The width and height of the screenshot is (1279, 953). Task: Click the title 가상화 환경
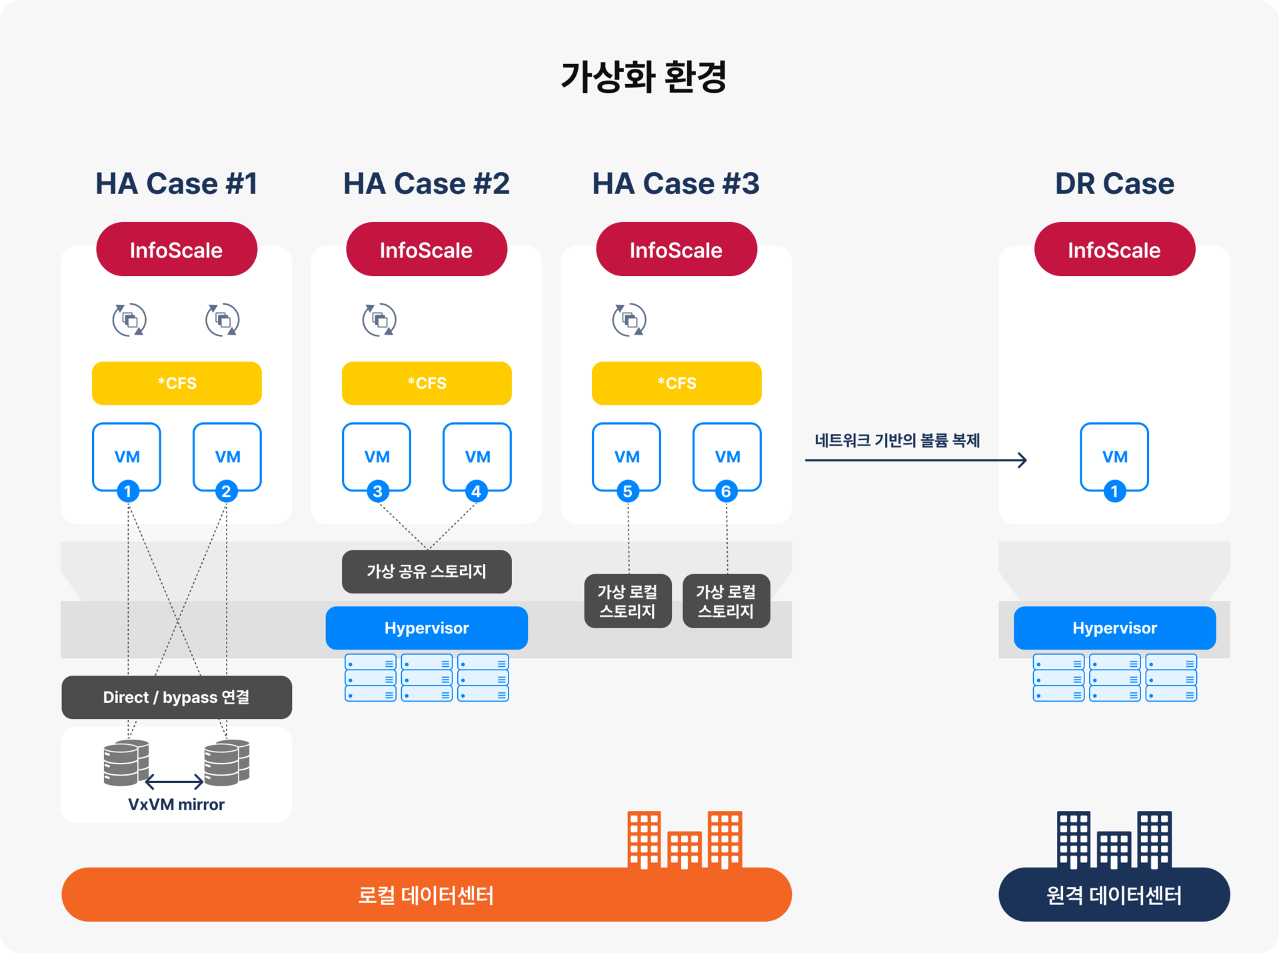pyautogui.click(x=643, y=77)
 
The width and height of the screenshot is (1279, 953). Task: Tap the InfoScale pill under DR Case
pyautogui.click(x=1114, y=249)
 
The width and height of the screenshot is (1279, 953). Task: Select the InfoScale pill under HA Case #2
pyautogui.click(x=427, y=249)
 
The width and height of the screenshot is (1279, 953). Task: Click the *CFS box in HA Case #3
pyautogui.click(x=676, y=383)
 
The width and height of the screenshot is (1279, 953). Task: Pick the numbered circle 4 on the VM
pyautogui.click(x=476, y=492)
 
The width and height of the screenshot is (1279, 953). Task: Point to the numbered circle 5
pyautogui.click(x=627, y=492)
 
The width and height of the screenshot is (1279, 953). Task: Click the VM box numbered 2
pyautogui.click(x=227, y=457)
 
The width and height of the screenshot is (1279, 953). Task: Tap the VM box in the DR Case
pyautogui.click(x=1114, y=457)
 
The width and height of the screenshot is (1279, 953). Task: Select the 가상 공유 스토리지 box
pyautogui.click(x=427, y=572)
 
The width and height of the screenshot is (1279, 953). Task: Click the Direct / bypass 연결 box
pyautogui.click(x=177, y=697)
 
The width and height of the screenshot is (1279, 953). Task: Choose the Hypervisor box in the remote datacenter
pyautogui.click(x=1114, y=628)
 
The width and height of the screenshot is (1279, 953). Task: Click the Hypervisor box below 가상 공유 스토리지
pyautogui.click(x=427, y=628)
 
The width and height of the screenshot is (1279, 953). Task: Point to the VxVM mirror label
pyautogui.click(x=176, y=804)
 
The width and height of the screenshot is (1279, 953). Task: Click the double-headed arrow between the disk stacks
pyautogui.click(x=174, y=781)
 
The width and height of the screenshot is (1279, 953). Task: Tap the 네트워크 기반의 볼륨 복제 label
pyautogui.click(x=897, y=440)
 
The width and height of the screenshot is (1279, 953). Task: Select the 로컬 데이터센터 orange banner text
pyautogui.click(x=426, y=895)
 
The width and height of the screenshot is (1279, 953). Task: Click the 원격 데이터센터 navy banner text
pyautogui.click(x=1114, y=895)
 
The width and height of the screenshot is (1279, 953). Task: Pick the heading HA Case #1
pyautogui.click(x=177, y=183)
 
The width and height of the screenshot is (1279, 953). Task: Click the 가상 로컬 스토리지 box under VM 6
pyautogui.click(x=726, y=601)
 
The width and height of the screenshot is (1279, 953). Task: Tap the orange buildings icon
pyautogui.click(x=684, y=840)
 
